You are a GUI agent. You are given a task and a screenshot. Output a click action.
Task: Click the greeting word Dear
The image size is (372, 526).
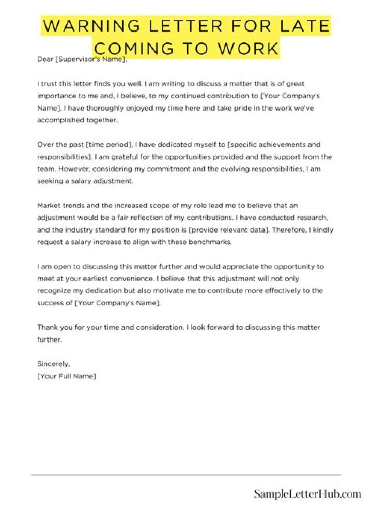[45, 59]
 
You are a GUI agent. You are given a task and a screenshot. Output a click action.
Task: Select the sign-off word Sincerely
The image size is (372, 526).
[53, 364]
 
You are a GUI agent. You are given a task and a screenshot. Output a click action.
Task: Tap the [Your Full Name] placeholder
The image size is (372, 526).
[67, 376]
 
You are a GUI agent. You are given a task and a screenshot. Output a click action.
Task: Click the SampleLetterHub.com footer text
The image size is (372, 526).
[307, 494]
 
